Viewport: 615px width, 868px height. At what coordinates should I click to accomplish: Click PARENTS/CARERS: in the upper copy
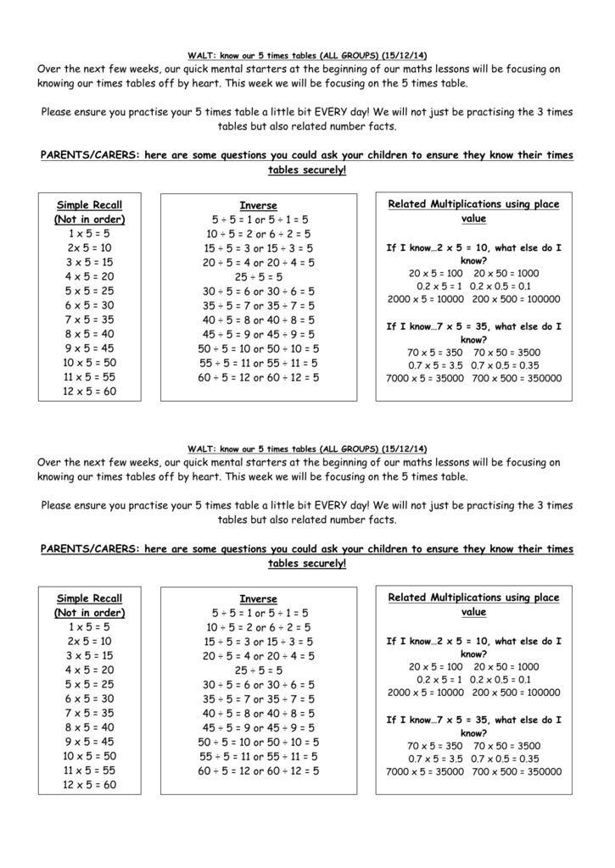89,156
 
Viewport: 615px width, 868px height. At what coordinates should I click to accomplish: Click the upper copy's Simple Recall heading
89,204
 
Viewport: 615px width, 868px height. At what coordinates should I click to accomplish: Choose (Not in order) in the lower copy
89,613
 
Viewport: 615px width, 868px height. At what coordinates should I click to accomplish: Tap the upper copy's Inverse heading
258,205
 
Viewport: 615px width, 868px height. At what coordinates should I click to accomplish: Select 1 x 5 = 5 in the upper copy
89,233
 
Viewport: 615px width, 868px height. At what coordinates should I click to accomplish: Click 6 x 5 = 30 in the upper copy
89,305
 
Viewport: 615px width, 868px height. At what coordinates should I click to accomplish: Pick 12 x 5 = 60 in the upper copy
89,392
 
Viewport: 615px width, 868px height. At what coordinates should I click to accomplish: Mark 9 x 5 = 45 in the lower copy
89,742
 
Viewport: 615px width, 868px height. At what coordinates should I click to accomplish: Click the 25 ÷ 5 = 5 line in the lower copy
258,670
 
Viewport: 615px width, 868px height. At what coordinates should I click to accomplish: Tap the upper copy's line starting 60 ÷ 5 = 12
258,377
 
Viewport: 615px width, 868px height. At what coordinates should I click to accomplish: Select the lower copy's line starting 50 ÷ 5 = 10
258,742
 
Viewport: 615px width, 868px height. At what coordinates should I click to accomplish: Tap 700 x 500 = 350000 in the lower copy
516,772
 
